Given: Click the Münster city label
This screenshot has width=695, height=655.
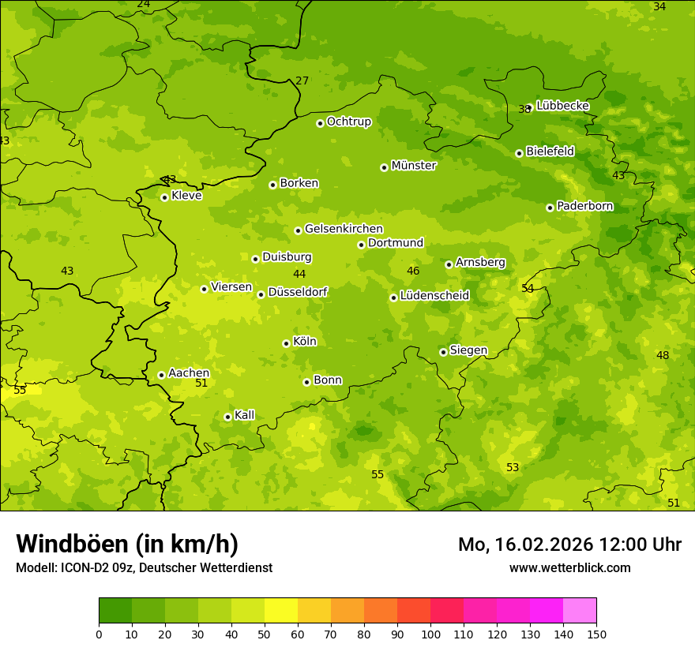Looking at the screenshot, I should pos(413,166).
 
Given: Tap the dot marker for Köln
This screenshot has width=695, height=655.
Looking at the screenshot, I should pos(286,343).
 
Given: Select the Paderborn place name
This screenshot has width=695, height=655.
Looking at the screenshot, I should pos(584,206).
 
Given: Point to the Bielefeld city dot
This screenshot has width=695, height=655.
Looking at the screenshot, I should pos(519,153).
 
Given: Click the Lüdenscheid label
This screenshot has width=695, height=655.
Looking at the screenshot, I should pos(434,296).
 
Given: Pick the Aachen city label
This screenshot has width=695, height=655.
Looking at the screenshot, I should pos(189,373).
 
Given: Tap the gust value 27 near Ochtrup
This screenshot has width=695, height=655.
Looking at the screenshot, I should pos(302,80).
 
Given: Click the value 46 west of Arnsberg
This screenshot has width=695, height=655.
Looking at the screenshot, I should pos(413,271).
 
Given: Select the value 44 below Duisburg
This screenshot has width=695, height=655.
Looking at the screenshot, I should pos(299,275).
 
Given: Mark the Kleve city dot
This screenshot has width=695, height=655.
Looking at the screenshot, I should pos(164,197).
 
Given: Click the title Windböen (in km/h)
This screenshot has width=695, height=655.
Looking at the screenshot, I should pos(127,544).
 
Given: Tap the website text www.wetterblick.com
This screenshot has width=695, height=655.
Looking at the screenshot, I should pos(569,568).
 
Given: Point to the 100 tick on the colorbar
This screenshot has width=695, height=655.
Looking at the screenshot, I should pos(430,634).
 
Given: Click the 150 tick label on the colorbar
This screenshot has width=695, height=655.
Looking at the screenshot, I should pos(596,634).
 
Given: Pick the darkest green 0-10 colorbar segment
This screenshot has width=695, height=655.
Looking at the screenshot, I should pos(115,611).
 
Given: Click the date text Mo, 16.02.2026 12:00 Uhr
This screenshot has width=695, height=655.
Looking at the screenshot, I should pos(569,545).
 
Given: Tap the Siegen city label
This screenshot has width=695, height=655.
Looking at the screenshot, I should pos(468,350).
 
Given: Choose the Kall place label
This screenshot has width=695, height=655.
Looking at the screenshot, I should pos(244,415).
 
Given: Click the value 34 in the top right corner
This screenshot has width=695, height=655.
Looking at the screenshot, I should pos(659,6).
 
